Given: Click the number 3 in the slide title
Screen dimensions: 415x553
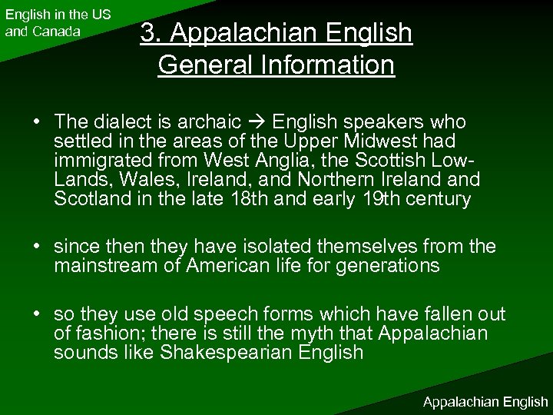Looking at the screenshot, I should [148, 34].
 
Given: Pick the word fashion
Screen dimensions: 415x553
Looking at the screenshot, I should [100, 333].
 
